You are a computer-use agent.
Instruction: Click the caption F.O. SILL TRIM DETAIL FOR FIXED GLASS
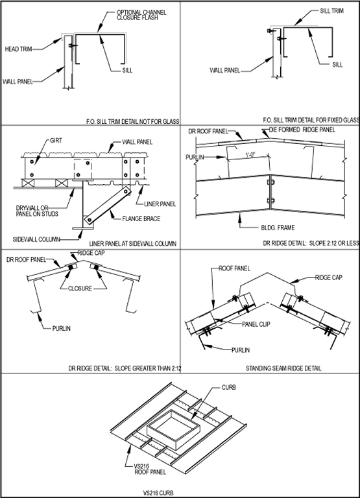(311, 120)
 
